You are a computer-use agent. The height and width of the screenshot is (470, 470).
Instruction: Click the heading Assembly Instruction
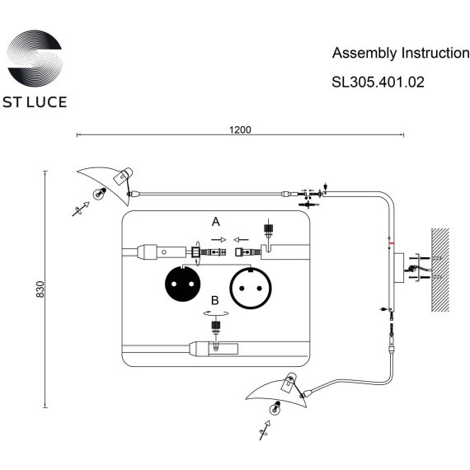pyautogui.click(x=400, y=54)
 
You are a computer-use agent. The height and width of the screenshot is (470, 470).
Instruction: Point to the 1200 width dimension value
pyautogui.click(x=240, y=129)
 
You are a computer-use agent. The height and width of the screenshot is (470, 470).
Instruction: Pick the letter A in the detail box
pyautogui.click(x=216, y=222)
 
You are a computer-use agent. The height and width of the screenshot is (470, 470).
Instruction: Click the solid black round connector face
pyautogui.click(x=182, y=285)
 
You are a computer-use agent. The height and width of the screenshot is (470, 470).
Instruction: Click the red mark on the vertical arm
pyautogui.click(x=391, y=243)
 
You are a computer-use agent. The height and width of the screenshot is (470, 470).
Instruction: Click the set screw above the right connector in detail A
pyautogui.click(x=266, y=228)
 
